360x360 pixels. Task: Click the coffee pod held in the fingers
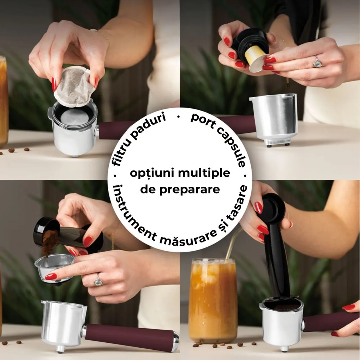pos(74,86)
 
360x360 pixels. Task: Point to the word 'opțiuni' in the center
pos(149,173)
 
